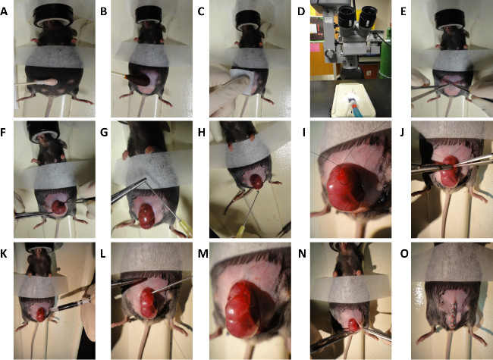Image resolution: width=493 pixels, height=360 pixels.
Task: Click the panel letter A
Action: [4, 12]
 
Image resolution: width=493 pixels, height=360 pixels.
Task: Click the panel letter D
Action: [301, 12]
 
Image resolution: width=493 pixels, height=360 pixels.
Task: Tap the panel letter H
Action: [201, 133]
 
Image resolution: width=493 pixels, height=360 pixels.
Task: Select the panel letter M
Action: [203, 253]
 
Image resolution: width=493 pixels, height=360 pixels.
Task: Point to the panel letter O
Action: [404, 253]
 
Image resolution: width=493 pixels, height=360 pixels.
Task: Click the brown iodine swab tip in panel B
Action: [139, 80]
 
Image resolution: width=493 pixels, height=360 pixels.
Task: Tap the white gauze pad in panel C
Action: [243, 81]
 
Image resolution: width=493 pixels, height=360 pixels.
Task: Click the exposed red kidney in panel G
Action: [147, 216]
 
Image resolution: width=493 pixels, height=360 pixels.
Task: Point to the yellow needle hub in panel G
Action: [187, 229]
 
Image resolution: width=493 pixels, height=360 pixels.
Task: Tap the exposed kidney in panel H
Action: [256, 181]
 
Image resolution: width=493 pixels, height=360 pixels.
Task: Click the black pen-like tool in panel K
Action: [70, 305]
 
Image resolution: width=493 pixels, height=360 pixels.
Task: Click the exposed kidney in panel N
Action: [353, 325]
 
